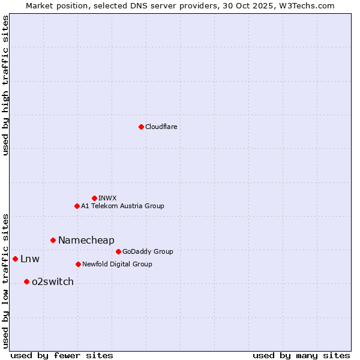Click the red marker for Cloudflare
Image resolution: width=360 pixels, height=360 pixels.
(141, 127)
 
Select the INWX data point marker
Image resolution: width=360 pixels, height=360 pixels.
(94, 198)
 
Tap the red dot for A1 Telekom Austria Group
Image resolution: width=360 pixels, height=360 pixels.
(77, 206)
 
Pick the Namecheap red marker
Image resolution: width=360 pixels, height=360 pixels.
(53, 240)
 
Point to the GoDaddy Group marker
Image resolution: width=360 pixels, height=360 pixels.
(118, 251)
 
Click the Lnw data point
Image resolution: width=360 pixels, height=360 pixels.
(15, 259)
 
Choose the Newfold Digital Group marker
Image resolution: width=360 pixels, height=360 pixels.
(78, 264)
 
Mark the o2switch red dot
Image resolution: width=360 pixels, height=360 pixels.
(26, 281)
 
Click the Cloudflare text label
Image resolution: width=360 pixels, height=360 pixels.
(161, 127)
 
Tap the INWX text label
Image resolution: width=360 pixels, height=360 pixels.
(107, 198)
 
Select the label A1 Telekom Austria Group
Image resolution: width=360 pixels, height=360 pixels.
(122, 206)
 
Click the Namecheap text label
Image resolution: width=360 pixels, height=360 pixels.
(86, 240)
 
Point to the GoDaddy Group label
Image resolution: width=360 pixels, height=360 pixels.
(148, 251)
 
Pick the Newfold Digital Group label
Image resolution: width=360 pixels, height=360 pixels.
(117, 264)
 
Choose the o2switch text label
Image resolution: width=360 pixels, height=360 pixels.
(52, 281)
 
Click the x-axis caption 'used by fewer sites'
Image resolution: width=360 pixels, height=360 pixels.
(62, 355)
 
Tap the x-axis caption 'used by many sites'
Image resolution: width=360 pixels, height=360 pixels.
(301, 355)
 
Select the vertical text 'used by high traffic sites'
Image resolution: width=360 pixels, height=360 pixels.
(5, 85)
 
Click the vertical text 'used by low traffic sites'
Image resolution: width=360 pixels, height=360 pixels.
(5, 281)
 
